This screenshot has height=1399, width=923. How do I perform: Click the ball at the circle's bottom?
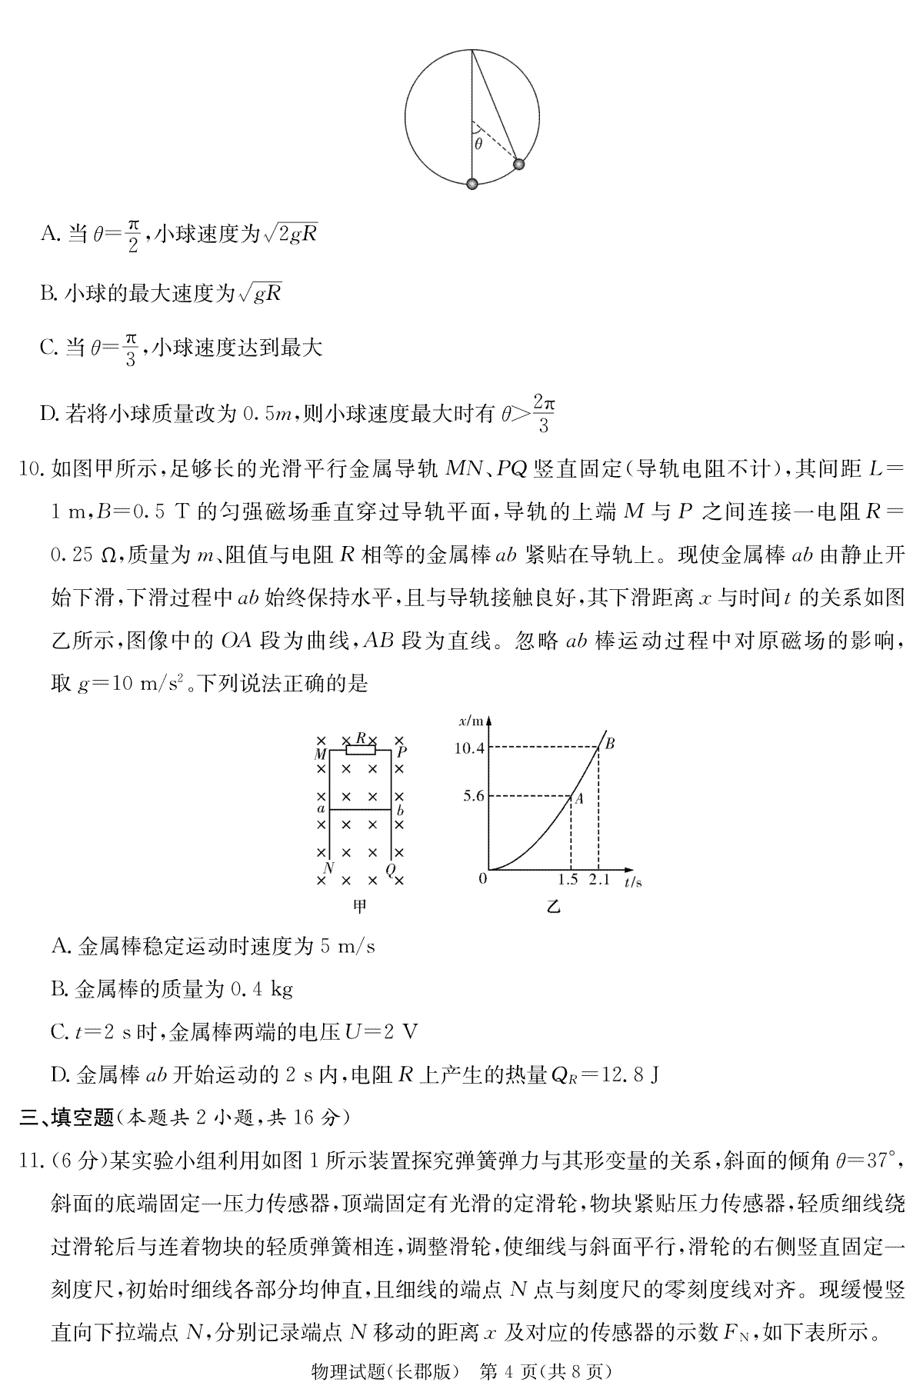coord(472,184)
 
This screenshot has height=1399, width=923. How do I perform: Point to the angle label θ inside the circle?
coord(478,144)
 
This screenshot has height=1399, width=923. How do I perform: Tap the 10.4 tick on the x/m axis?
coord(468,747)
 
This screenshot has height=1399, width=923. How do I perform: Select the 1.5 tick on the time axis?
coord(570,880)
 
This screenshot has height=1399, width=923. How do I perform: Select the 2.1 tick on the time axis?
coord(599,880)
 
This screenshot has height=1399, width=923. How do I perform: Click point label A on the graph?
coord(579,799)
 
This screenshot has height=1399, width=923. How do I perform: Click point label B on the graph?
coord(610,744)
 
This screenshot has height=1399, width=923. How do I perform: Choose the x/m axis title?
coord(471,721)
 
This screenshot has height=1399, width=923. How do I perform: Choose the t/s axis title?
coord(633,881)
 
